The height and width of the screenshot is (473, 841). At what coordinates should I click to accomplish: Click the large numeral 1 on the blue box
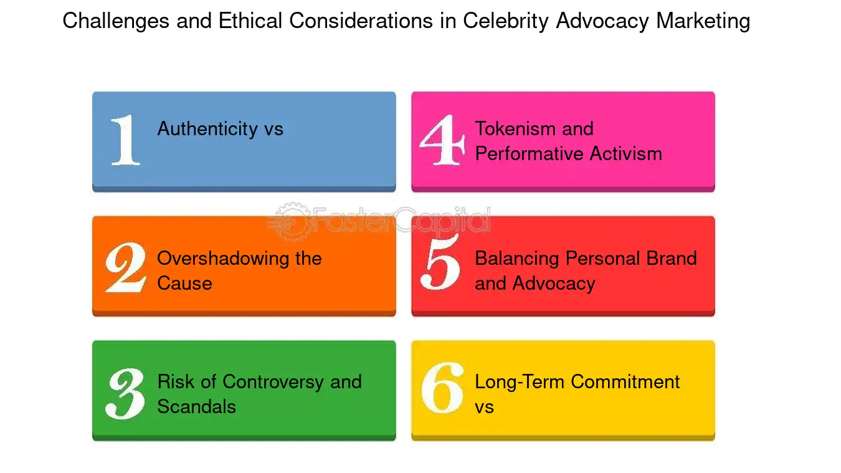[x=126, y=140]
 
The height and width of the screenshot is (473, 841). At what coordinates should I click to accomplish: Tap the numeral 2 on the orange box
[x=125, y=267]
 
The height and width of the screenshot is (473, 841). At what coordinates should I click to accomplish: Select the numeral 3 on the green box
[x=125, y=393]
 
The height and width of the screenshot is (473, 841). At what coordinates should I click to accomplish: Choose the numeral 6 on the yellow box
[x=442, y=388]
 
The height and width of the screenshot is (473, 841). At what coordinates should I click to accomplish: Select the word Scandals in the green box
[x=196, y=407]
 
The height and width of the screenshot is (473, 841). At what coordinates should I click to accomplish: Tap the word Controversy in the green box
[x=273, y=381]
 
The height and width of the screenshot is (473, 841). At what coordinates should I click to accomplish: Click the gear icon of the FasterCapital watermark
[x=288, y=219]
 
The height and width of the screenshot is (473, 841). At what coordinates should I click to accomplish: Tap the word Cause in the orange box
[x=184, y=284]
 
